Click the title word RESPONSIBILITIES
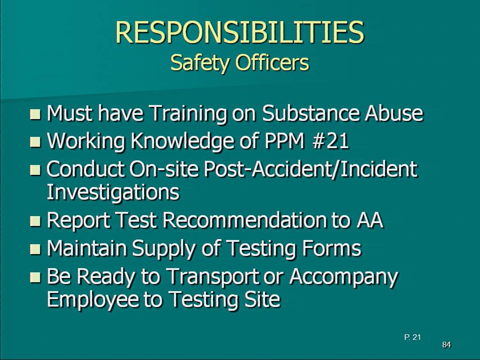tap(240, 32)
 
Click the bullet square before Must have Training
tap(36, 114)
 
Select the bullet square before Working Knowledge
tap(36, 142)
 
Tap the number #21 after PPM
tap(331, 141)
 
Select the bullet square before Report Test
tap(36, 221)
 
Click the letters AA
tap(370, 220)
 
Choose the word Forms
tap(331, 247)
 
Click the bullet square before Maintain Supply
tap(36, 249)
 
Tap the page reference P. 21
tap(412, 337)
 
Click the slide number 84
tap(446, 345)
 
